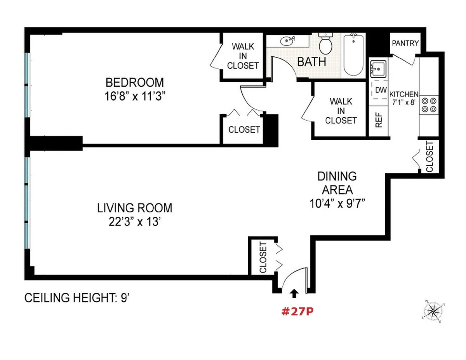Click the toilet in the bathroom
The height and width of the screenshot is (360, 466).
[325, 44]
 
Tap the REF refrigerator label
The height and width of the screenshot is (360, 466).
[379, 120]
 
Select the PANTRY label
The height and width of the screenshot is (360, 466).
[405, 43]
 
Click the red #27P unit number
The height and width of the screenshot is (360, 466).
[297, 312]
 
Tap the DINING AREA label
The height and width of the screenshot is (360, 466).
[337, 183]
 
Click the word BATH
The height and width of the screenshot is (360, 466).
[311, 61]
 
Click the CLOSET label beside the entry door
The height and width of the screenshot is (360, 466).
[263, 257]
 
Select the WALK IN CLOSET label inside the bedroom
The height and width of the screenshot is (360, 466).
[243, 56]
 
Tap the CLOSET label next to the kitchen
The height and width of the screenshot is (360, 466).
[429, 157]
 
